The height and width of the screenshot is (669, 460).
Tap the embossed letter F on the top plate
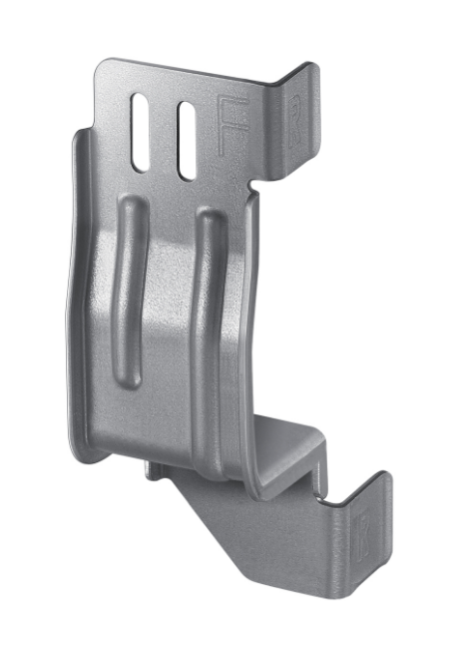click(x=229, y=125)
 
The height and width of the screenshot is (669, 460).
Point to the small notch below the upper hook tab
click(x=257, y=185)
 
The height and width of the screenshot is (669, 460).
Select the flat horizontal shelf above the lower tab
click(x=294, y=439)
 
